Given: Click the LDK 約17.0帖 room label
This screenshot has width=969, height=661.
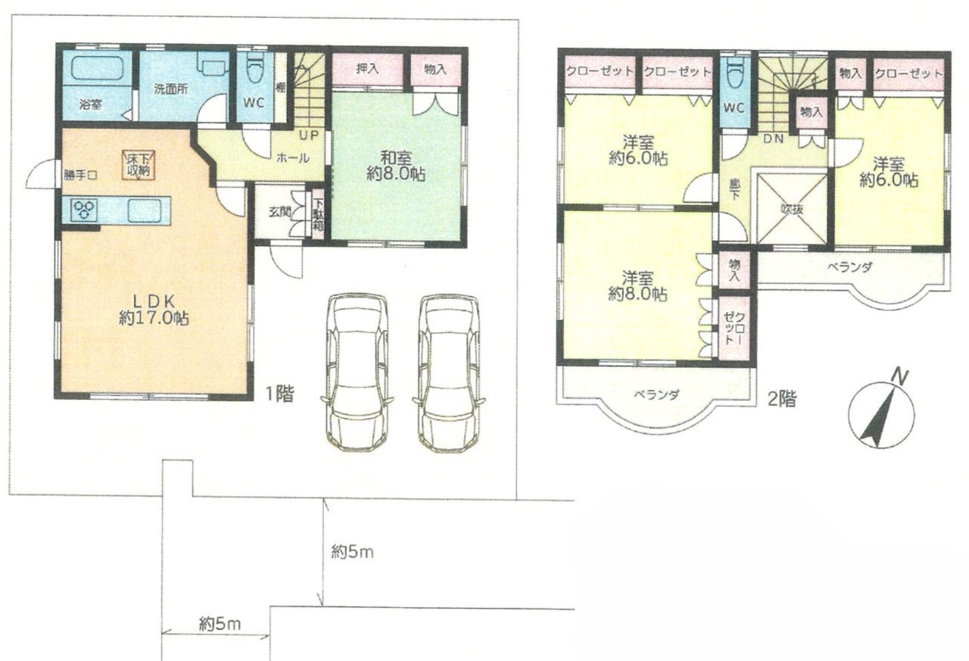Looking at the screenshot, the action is pos(154,310).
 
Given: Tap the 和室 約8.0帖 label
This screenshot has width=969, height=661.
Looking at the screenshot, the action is pos(395,165).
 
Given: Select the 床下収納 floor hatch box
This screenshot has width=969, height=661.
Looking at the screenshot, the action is pos(139,164).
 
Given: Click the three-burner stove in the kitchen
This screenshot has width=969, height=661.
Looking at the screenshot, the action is pos(84,210).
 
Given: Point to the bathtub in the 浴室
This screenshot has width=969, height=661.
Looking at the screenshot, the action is pos(98,68).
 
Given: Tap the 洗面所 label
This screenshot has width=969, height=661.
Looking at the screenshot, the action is pos(171,89).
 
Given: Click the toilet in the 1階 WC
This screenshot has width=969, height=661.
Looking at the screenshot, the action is pos(254,75).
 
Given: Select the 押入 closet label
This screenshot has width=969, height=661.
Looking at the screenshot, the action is pos(367,69).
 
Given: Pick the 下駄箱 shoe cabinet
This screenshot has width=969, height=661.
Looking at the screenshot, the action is pos(319,214).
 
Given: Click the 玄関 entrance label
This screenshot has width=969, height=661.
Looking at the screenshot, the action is pos(280,212).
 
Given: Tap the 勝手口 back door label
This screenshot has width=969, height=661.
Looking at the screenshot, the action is pos(79,175).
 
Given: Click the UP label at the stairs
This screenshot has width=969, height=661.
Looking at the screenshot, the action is pos(310,136).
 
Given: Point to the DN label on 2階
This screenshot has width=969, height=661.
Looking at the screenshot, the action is pos(774,139).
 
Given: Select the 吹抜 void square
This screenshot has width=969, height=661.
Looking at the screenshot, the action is pos(792,209).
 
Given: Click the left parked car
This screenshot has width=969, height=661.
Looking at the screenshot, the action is pos(357,372).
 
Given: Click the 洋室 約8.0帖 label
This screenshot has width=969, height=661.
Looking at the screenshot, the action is pos(637,286).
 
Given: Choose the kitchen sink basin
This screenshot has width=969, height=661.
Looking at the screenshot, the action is pos(145,211).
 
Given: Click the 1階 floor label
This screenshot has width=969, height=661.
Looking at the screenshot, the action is pos(280,394).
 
